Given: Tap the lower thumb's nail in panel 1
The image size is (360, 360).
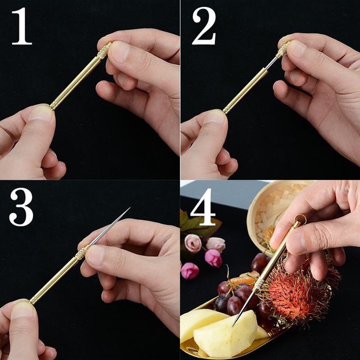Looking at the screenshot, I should pyautogui.click(x=40, y=113).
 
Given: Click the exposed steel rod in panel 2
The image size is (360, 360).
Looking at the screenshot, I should pyautogui.click(x=271, y=63).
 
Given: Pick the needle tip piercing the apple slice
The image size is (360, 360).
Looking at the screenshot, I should pyautogui.click(x=234, y=324).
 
